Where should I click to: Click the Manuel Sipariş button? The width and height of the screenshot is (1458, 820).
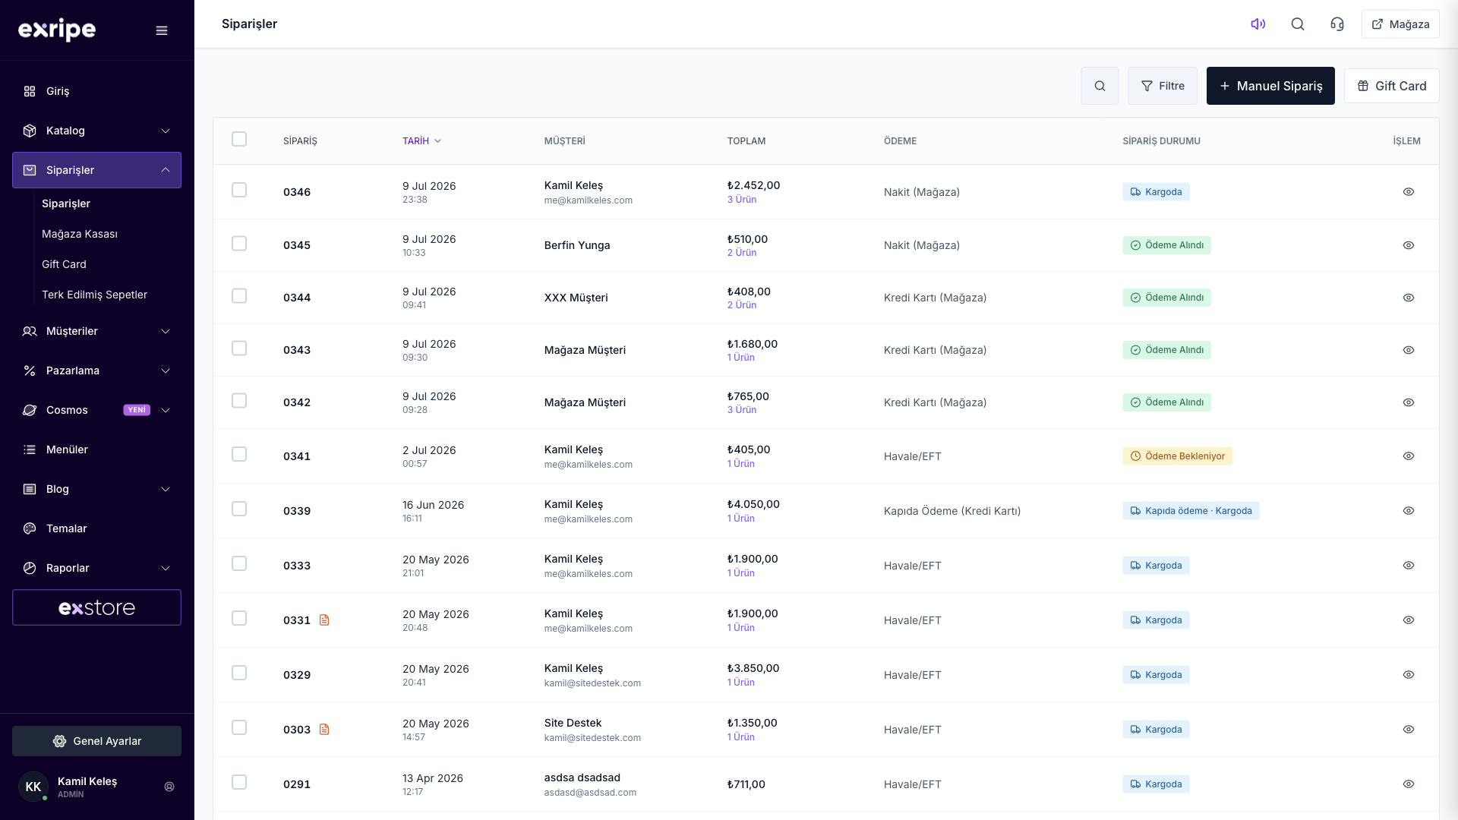(x=1270, y=86)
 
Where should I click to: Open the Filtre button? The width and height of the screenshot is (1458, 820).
(x=1163, y=86)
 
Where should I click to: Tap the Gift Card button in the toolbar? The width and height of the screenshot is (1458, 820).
(x=1391, y=86)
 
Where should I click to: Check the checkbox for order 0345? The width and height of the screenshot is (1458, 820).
(x=239, y=244)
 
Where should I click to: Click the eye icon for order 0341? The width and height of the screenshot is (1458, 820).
(x=1409, y=456)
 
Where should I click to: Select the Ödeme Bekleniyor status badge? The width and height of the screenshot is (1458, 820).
(x=1177, y=456)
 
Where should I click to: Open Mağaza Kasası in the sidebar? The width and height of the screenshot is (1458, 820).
(x=80, y=234)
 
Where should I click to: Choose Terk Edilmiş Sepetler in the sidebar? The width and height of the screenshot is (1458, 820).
(x=94, y=295)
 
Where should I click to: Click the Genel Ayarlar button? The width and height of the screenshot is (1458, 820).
(x=96, y=741)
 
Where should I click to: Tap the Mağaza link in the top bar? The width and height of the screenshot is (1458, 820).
(x=1400, y=24)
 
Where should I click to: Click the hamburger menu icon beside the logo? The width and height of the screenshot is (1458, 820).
(x=162, y=30)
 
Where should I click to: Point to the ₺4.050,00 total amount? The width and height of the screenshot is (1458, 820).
(x=753, y=504)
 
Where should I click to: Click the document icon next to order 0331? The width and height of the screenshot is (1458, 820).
(x=324, y=620)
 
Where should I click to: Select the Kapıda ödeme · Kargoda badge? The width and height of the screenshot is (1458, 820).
(x=1191, y=511)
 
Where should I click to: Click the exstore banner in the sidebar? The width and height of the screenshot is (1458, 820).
(x=96, y=607)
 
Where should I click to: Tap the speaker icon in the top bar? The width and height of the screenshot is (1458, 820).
(x=1258, y=24)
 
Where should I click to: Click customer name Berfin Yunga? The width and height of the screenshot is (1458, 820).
(x=577, y=245)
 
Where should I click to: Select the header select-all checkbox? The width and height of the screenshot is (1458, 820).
(x=239, y=139)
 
